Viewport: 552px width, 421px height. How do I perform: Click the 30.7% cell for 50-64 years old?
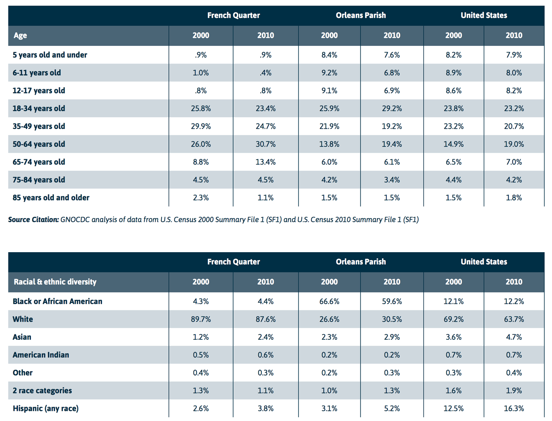(265, 144)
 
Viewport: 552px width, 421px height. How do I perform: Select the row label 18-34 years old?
(39, 108)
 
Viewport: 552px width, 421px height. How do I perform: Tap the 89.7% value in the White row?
(201, 319)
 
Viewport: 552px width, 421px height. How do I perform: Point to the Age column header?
(20, 35)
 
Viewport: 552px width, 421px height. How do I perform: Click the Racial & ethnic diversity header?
(55, 282)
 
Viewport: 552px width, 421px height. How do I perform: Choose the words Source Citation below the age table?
(33, 219)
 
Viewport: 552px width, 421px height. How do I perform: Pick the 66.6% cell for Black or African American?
(329, 301)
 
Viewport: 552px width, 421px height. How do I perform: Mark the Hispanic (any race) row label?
(46, 408)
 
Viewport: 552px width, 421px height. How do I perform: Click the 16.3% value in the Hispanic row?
(514, 408)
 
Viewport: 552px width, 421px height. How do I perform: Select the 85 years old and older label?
(51, 197)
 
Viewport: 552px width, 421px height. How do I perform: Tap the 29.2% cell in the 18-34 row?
(392, 108)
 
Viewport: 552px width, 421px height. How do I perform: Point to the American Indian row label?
(41, 355)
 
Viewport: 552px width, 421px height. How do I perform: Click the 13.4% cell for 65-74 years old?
(265, 162)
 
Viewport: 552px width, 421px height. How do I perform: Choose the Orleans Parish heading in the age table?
(361, 15)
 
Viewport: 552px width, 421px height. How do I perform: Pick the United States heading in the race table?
(484, 261)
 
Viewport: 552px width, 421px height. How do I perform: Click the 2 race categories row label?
(42, 390)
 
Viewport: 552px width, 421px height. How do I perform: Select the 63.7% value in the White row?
(514, 319)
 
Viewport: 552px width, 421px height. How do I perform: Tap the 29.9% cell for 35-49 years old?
(201, 126)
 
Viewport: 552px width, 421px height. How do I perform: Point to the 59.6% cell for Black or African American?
(392, 301)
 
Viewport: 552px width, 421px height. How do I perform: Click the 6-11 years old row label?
(37, 72)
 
